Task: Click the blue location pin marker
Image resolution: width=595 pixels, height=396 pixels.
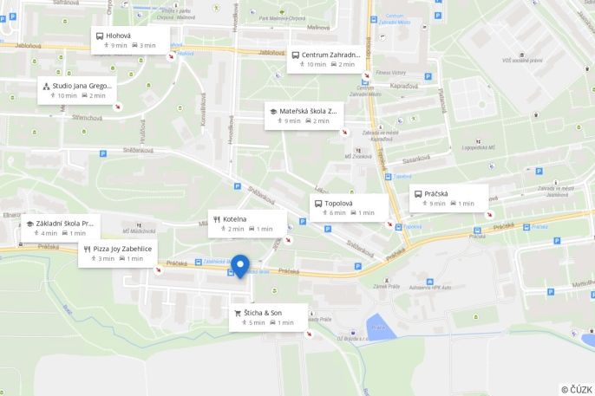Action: pos(240,265)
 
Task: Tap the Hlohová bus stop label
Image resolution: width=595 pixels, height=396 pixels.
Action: pos(119,36)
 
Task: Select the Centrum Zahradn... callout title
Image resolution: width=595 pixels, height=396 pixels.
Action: pos(330,55)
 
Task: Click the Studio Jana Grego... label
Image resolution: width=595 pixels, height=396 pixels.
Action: pos(82,86)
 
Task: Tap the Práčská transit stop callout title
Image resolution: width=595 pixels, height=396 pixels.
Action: pos(436,194)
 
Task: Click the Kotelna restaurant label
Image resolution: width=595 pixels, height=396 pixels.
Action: pos(235,219)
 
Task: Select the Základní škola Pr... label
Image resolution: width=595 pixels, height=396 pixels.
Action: pos(64,224)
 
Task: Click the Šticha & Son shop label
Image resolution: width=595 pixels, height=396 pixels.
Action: pos(263,313)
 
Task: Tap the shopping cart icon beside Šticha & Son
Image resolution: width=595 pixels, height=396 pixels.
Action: pos(238,313)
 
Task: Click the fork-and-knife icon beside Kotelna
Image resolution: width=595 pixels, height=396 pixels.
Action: pos(217,219)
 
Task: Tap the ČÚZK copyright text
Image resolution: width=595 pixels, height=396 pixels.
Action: pos(577,389)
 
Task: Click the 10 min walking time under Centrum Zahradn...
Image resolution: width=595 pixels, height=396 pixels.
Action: pos(312,64)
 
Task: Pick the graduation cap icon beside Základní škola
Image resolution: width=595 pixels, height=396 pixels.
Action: pos(30,224)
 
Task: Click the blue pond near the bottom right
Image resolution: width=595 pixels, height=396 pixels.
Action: pos(378,327)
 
